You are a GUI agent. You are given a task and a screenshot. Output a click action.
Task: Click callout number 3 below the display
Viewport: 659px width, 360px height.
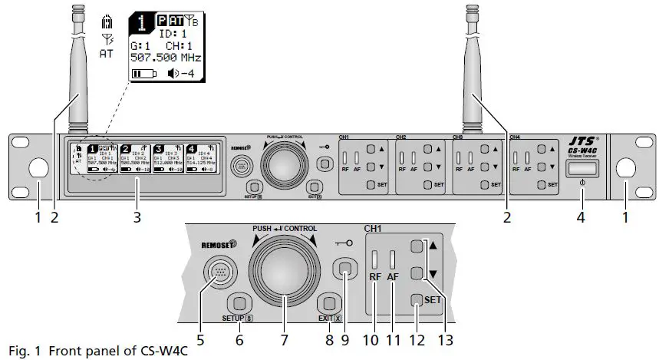pyautogui.click(x=137, y=217)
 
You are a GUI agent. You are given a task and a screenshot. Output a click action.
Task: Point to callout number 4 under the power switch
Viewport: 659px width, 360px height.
pyautogui.click(x=580, y=217)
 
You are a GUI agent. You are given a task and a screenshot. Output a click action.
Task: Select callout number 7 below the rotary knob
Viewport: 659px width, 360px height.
pyautogui.click(x=284, y=338)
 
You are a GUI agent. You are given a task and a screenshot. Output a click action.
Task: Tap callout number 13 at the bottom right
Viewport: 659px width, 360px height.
pyautogui.click(x=444, y=338)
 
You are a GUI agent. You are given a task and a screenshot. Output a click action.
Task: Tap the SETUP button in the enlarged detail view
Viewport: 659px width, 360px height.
pyautogui.click(x=239, y=302)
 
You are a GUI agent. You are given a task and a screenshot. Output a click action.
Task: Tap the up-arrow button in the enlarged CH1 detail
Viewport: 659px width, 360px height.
pyautogui.click(x=417, y=247)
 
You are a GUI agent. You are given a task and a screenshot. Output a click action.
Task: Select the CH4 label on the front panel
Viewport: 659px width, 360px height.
pyautogui.click(x=516, y=137)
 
